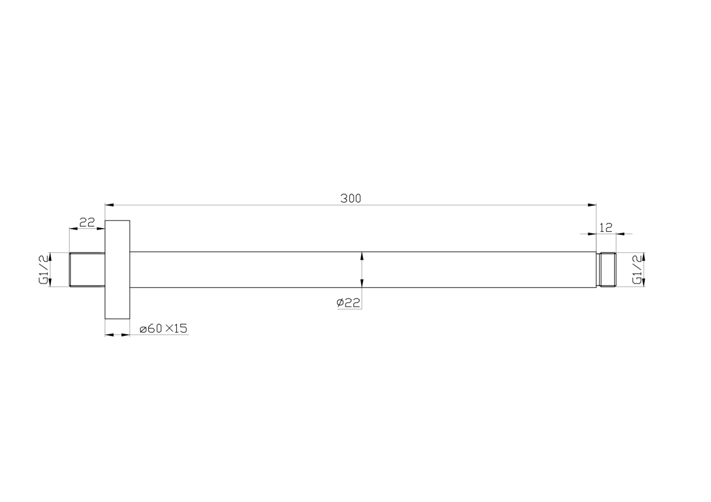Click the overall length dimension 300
point(350,198)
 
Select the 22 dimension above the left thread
point(87,222)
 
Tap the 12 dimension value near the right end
point(606,228)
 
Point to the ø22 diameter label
point(348,303)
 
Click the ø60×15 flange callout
point(164,328)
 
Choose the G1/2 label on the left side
point(44,270)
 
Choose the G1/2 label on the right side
point(638,269)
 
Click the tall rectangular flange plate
point(117,269)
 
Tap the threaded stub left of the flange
point(87,269)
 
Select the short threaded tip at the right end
point(606,269)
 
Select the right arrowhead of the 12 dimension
point(620,233)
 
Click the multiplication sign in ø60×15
point(169,328)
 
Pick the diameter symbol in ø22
point(340,303)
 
